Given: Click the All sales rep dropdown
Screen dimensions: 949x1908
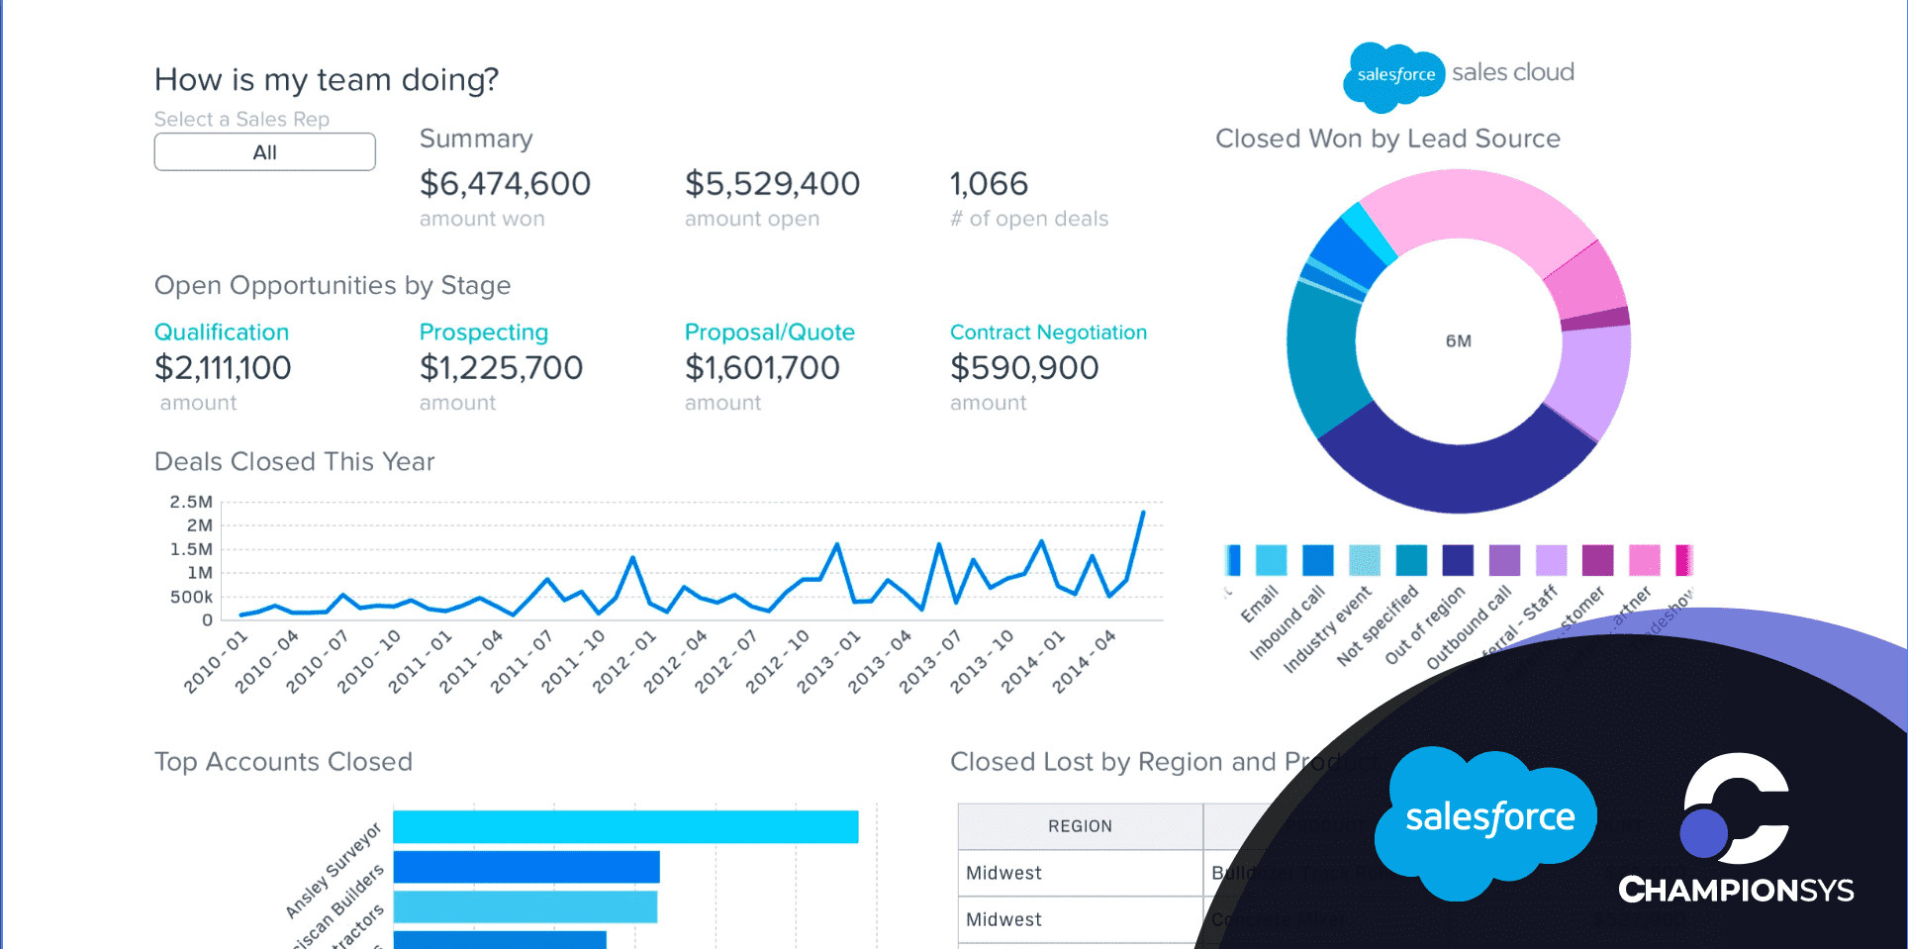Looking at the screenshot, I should click(x=264, y=152).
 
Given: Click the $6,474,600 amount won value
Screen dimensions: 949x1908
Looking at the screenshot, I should click(x=505, y=184).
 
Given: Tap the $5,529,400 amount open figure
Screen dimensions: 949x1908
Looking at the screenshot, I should click(x=772, y=184).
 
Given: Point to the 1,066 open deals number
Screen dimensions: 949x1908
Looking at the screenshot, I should click(x=989, y=184).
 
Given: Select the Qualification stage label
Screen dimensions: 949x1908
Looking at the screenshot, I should click(x=222, y=332).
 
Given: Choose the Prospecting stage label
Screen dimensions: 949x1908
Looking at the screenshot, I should click(x=483, y=332).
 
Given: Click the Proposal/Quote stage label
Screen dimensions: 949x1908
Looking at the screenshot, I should click(x=769, y=332).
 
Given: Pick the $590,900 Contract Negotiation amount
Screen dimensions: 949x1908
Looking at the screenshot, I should click(x=1024, y=368).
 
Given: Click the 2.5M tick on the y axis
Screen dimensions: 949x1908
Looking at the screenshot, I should click(x=191, y=502).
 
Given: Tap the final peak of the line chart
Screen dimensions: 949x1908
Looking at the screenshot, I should click(x=1143, y=513).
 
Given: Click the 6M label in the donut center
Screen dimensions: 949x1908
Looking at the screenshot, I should click(x=1458, y=341).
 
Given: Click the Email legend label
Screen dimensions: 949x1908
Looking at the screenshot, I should click(x=1260, y=604).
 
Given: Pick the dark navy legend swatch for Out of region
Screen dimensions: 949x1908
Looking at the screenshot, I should click(x=1458, y=560).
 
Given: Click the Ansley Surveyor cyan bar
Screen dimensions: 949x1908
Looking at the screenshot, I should click(x=625, y=827).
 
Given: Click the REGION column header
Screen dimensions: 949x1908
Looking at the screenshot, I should click(x=1080, y=826).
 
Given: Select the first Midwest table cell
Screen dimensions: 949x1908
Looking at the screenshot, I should click(x=1003, y=873).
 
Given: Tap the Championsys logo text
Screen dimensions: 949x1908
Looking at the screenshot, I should click(x=1736, y=890).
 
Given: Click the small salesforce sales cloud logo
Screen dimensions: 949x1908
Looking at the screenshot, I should click(x=1458, y=74).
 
